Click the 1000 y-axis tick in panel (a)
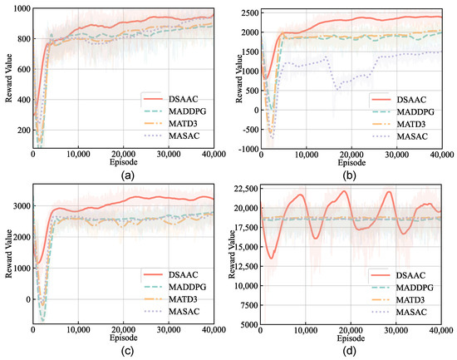(20, 8)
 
